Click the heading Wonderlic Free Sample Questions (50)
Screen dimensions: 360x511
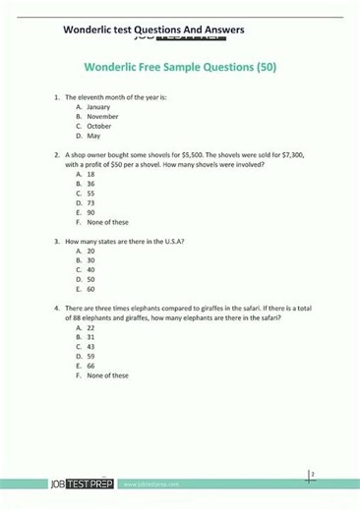click(x=179, y=69)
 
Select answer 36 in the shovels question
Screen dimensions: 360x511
click(x=90, y=184)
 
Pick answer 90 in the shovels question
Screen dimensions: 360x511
click(x=90, y=212)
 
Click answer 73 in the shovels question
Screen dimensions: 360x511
click(x=90, y=202)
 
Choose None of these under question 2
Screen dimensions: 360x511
click(x=107, y=222)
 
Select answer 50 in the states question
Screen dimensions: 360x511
click(x=90, y=279)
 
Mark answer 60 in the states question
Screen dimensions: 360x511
click(x=90, y=289)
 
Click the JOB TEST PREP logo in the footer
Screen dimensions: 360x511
click(x=84, y=484)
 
